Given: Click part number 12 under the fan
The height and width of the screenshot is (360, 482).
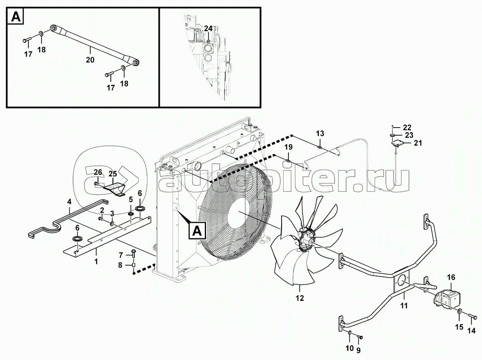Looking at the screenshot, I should coord(300,298).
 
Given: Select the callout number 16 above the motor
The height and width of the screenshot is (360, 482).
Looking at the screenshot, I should coord(451,277).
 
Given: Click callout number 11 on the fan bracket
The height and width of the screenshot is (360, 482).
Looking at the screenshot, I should coord(404,306).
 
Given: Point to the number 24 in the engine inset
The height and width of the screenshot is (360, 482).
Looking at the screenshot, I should coord(208,28).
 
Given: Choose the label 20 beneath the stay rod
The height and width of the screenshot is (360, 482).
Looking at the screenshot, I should coord(90,60).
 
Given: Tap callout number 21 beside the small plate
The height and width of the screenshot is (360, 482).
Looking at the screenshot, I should coord(418,143).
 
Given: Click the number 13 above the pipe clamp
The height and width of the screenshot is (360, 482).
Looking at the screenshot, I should coord(320,133).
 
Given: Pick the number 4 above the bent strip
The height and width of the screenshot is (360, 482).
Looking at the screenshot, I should coord(69,202).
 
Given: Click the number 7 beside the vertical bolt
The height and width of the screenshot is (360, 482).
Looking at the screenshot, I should coord(120,255).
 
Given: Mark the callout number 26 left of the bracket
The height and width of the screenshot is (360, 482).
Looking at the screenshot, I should coord(98,173).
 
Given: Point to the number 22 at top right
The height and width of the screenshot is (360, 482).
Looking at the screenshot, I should coord(407,128).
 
